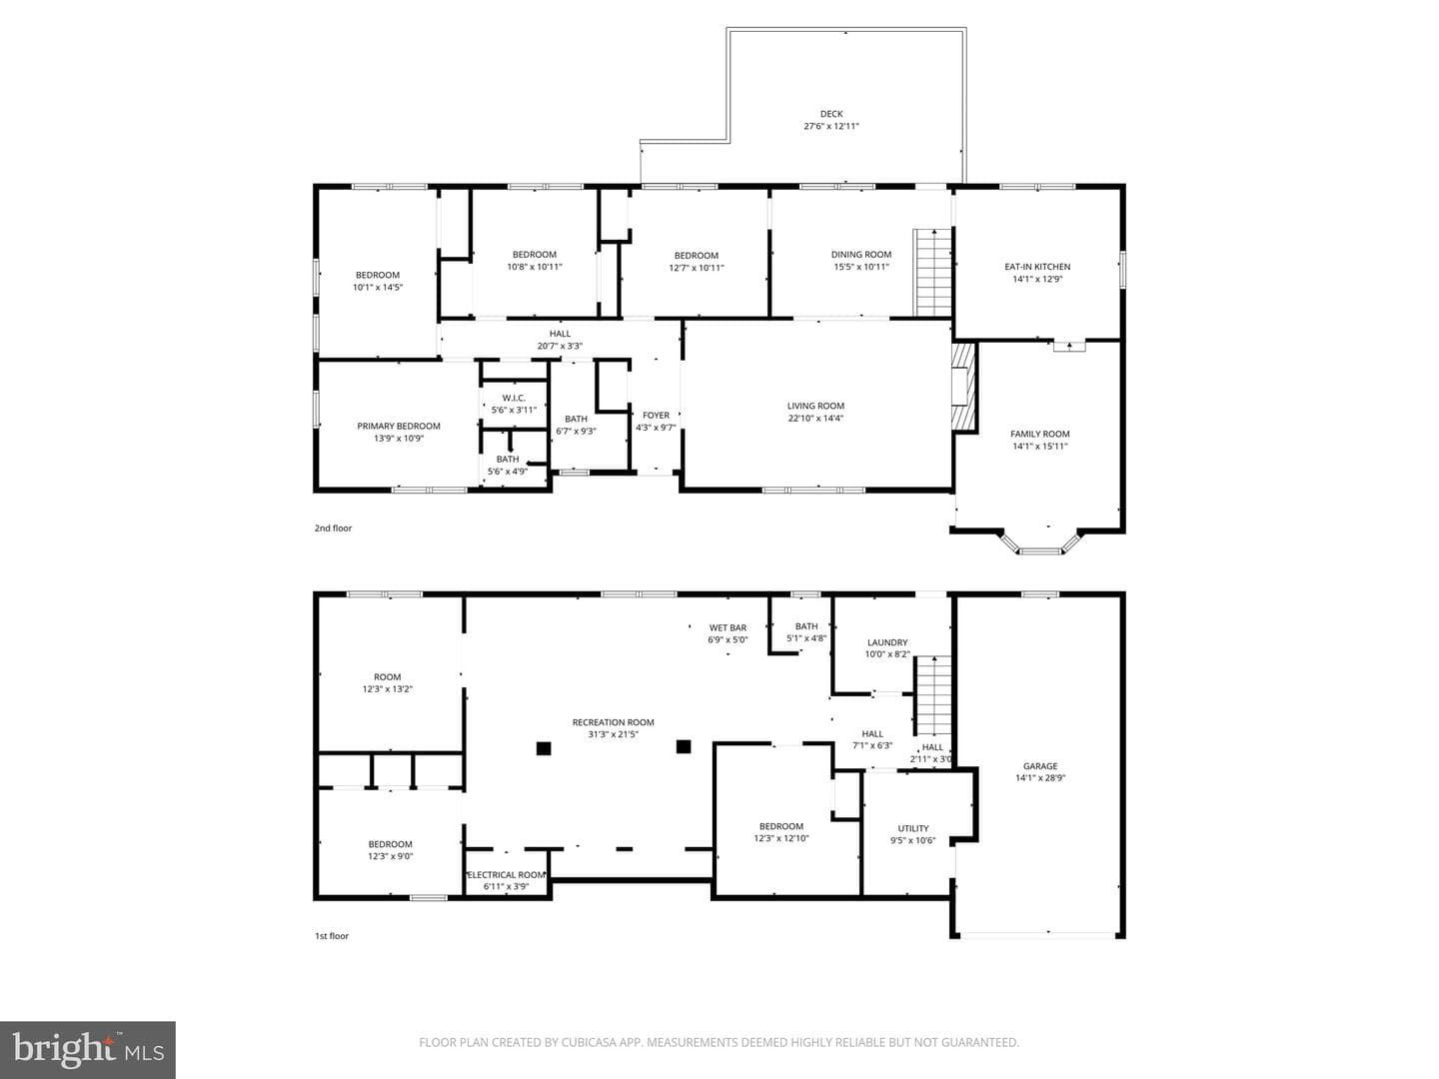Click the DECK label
click(x=831, y=114)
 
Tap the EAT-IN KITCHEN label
click(x=1037, y=267)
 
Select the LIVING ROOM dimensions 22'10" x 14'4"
click(x=815, y=418)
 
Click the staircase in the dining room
click(x=933, y=273)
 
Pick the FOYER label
click(x=656, y=416)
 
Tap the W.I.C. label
click(x=514, y=399)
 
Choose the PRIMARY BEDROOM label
click(x=399, y=426)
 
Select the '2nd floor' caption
click(x=333, y=529)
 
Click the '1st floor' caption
click(x=332, y=936)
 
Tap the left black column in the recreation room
click(x=544, y=748)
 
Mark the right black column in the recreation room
click(x=684, y=747)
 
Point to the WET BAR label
click(x=727, y=627)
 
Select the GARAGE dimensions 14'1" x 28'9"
click(x=1040, y=778)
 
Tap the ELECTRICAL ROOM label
click(x=506, y=874)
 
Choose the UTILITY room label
click(x=913, y=828)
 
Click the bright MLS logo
click(x=88, y=1049)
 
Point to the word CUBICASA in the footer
click(x=589, y=1042)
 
